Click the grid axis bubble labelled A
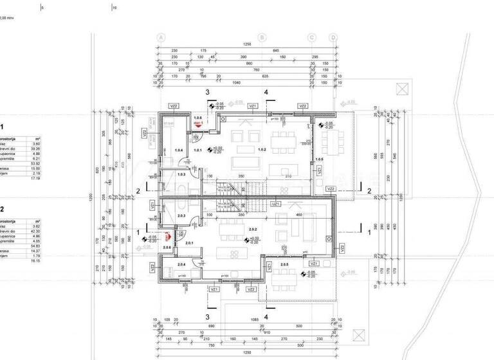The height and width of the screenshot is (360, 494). click(x=161, y=37)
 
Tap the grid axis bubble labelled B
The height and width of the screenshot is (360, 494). click(x=262, y=37)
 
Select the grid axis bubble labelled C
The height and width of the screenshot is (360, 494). click(x=311, y=37)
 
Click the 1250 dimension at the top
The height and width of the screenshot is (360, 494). click(x=246, y=44)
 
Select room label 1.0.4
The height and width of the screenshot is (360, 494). click(x=179, y=150)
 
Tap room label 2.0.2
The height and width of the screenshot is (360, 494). click(x=253, y=229)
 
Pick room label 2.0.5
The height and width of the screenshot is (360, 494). click(x=284, y=264)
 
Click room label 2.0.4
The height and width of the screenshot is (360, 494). click(x=181, y=264)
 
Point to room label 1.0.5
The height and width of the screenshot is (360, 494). click(x=320, y=158)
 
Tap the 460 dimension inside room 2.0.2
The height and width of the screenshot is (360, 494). click(x=298, y=215)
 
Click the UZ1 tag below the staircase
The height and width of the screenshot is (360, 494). click(x=275, y=203)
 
